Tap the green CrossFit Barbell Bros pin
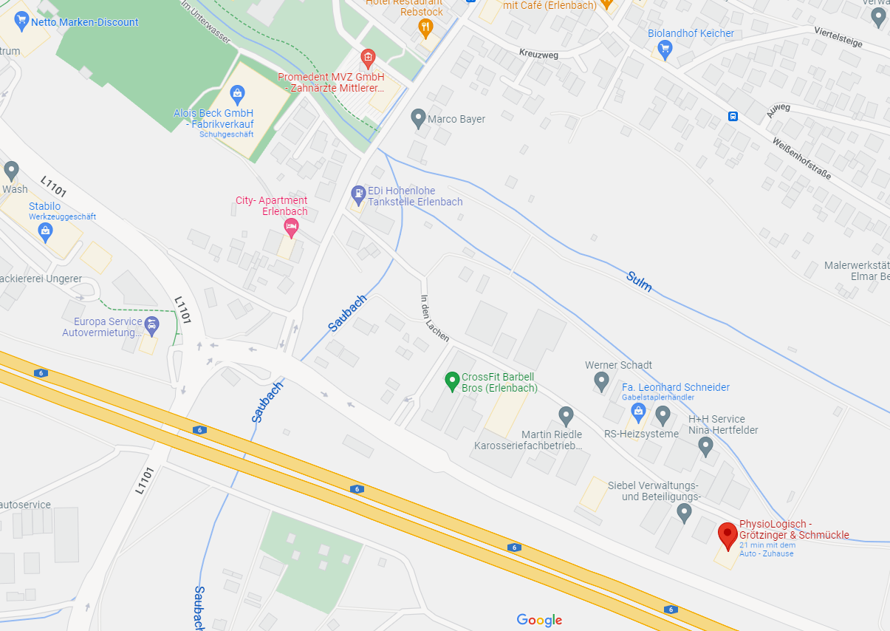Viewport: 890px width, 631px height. (x=452, y=381)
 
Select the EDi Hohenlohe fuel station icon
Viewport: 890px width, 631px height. (x=358, y=195)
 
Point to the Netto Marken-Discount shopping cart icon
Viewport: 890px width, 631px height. (x=21, y=21)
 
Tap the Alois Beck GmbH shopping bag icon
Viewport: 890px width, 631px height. (x=236, y=93)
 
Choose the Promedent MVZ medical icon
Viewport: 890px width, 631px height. (x=367, y=58)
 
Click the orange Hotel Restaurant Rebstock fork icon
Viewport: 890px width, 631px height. (x=425, y=29)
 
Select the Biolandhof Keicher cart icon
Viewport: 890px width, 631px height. (x=665, y=50)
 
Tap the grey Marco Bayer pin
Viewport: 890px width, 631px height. (x=418, y=118)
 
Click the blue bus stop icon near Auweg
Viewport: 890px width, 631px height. (x=733, y=116)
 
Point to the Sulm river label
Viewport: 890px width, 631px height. (x=639, y=281)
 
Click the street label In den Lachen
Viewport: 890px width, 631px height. (x=434, y=318)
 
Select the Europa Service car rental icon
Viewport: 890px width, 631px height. (x=151, y=325)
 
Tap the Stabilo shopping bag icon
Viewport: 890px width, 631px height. (x=46, y=231)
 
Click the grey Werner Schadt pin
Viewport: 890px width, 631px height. (x=601, y=381)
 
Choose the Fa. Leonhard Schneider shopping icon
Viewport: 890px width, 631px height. (x=639, y=411)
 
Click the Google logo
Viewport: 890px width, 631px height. (x=539, y=620)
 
